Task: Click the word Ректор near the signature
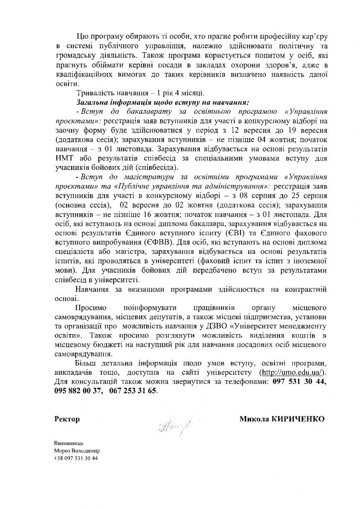pos(67,419)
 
